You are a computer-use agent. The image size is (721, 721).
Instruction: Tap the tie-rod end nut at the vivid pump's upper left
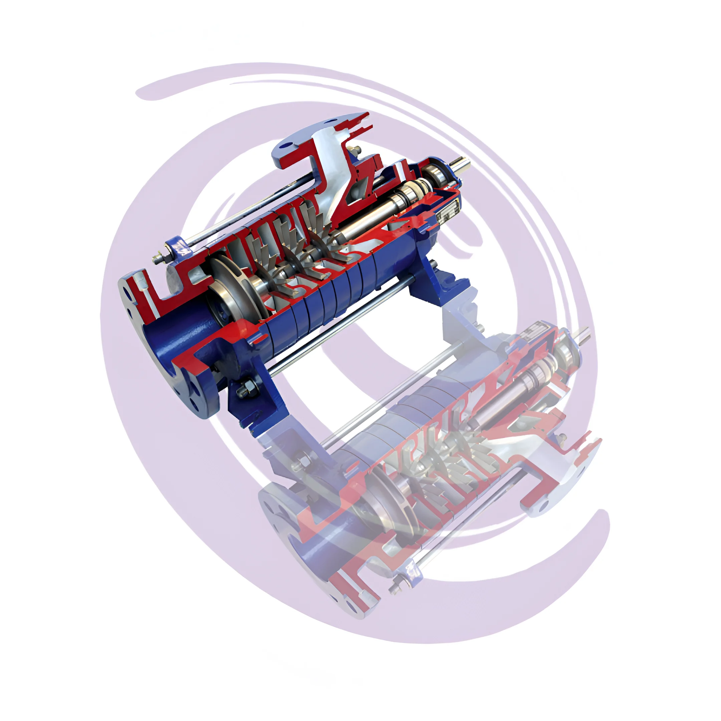click(x=158, y=258)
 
